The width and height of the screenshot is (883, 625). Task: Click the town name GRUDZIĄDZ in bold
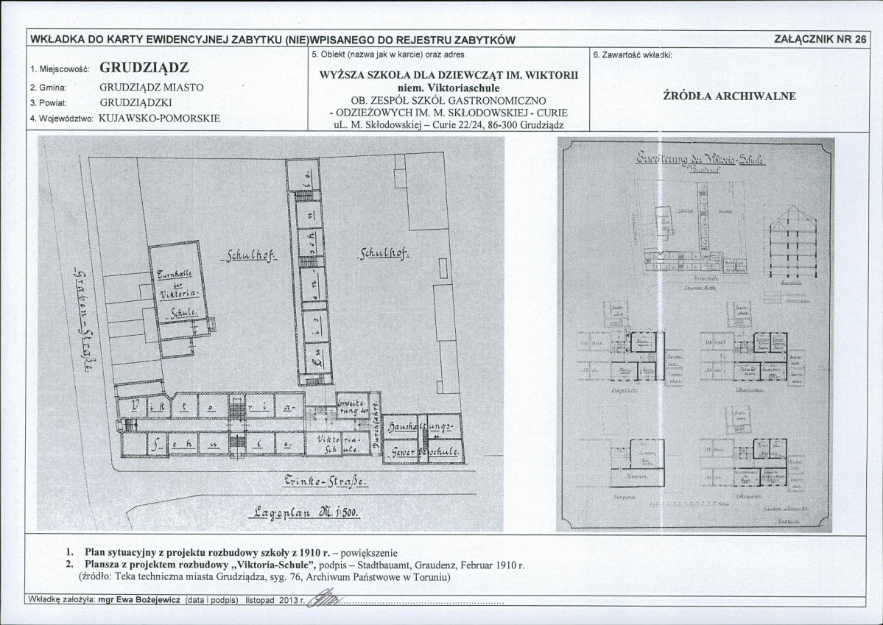[144, 68]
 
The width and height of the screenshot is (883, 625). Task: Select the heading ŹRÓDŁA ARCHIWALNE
[729, 96]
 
